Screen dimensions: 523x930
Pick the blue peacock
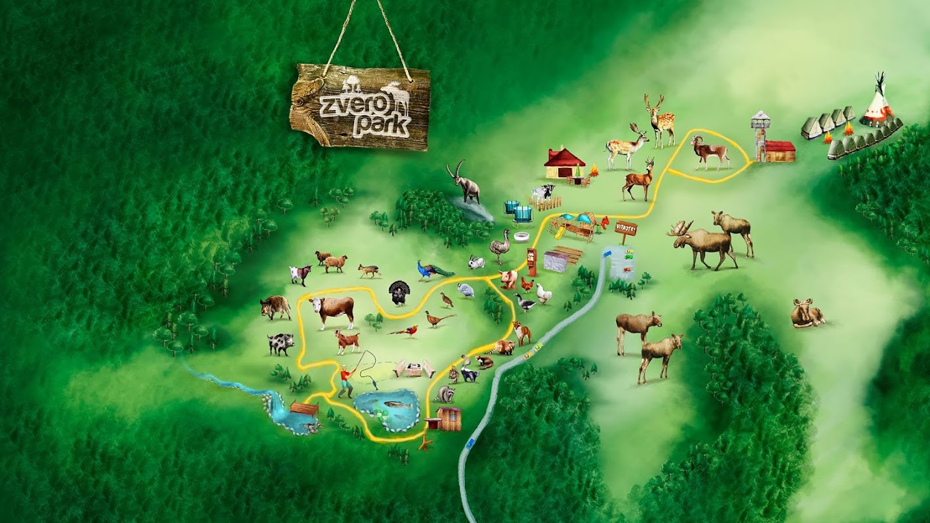432,270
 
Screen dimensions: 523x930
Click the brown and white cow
333,310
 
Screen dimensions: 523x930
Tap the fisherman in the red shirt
345,380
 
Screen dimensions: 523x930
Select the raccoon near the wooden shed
446,394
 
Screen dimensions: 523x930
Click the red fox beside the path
521,333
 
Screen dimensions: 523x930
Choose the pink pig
509,279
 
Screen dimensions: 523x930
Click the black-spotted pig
281,343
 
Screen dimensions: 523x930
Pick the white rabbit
476,263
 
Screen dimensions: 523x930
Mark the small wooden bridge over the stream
304,409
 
